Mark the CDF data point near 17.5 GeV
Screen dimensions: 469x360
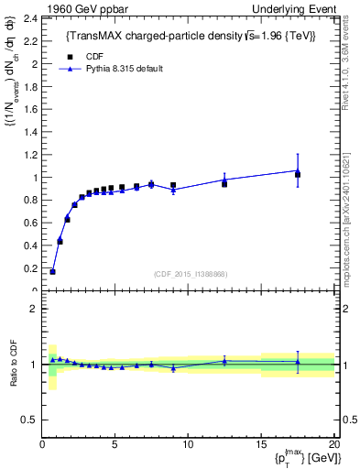click(x=297, y=174)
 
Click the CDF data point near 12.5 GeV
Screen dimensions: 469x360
click(x=224, y=184)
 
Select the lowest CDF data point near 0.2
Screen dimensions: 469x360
click(x=52, y=271)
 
